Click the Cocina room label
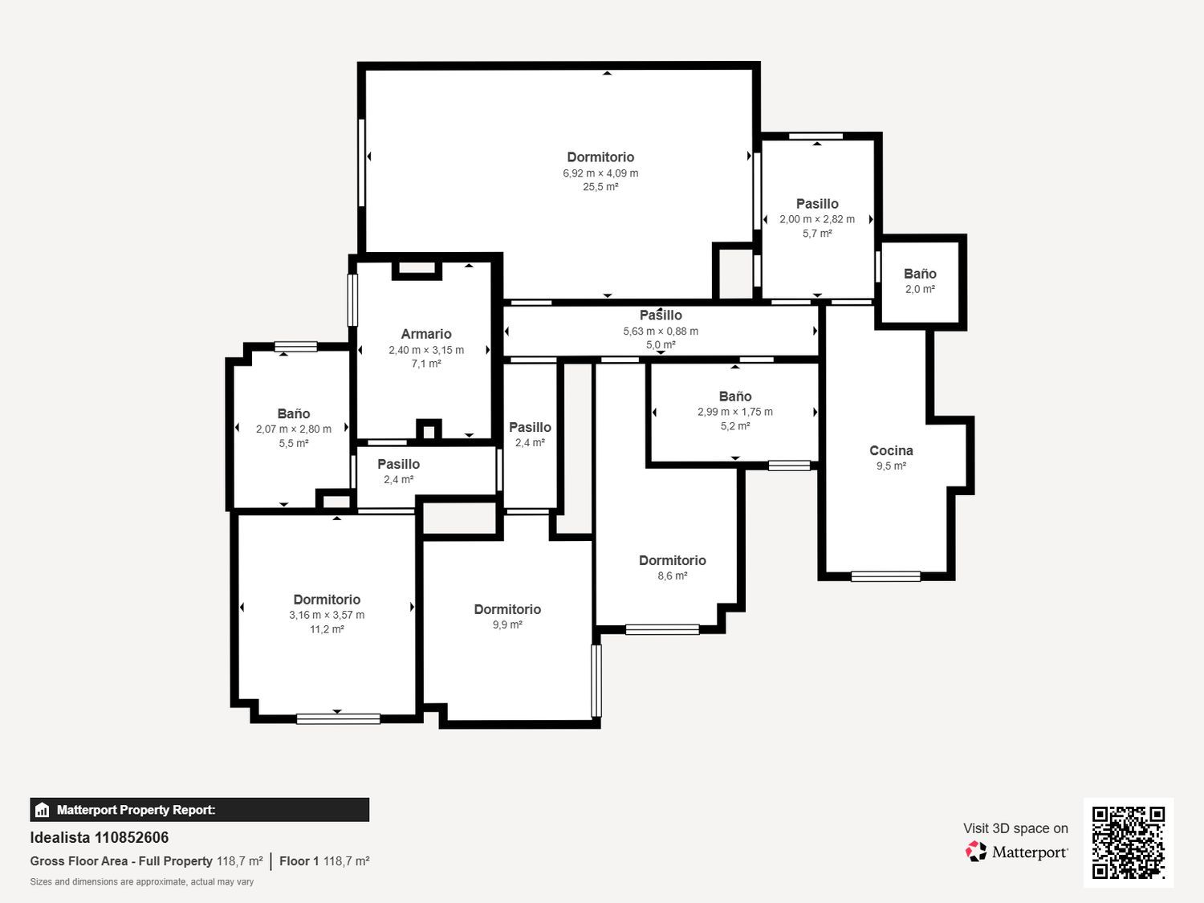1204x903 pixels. tap(891, 450)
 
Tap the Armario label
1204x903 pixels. tap(426, 334)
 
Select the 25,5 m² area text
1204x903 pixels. tap(600, 187)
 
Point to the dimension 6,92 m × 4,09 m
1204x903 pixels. tap(600, 173)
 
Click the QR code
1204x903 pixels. tap(1129, 843)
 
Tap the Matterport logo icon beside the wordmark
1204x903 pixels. tap(976, 852)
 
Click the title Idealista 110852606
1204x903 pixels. tap(100, 838)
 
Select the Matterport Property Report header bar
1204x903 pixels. tap(200, 810)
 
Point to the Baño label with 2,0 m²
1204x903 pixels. tap(920, 274)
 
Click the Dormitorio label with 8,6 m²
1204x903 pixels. tap(672, 560)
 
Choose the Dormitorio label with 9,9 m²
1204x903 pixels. tap(507, 609)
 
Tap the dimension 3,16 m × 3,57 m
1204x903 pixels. tap(327, 615)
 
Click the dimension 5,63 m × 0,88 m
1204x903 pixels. tap(661, 332)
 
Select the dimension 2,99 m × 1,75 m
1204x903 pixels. tap(735, 412)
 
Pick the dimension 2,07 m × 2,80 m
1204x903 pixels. tap(294, 429)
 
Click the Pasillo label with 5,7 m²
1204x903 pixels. tap(817, 204)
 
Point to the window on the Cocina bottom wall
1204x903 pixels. tap(885, 576)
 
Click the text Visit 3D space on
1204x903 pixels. tap(1015, 828)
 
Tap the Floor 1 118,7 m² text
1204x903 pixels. tap(324, 861)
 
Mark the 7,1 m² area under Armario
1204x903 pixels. tap(426, 364)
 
